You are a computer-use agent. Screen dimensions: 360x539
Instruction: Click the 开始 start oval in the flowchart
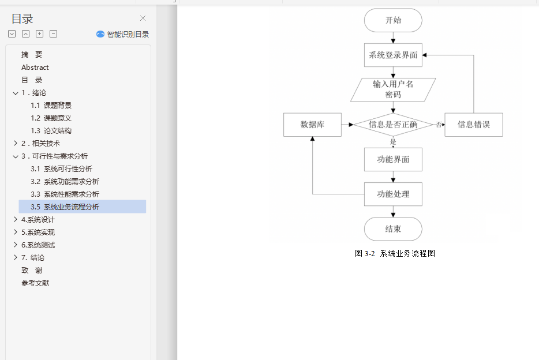pos(393,20)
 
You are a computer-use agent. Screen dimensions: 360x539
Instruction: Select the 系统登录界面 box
pos(393,55)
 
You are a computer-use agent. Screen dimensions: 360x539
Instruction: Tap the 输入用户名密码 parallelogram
pos(393,89)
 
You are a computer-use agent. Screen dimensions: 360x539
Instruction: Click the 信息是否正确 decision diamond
pos(393,124)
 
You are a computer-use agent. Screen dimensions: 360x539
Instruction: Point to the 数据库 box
pos(312,125)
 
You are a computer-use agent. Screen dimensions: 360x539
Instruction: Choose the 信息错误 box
pos(473,125)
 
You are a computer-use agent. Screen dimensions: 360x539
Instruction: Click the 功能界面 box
pos(393,159)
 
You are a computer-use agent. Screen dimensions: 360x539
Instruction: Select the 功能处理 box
pos(393,194)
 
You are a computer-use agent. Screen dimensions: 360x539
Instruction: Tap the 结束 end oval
pos(393,229)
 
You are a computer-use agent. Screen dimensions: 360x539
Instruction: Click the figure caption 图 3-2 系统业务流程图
pos(395,253)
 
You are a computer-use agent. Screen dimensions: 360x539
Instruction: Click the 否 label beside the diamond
pos(439,125)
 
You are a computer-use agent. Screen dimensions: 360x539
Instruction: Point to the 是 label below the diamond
pos(393,142)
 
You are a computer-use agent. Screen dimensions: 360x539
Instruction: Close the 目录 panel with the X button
pos(143,18)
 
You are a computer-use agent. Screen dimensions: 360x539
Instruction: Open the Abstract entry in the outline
pos(35,67)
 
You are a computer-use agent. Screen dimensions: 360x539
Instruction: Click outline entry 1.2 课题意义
pos(51,118)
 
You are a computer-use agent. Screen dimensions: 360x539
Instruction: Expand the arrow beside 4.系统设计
pos(16,220)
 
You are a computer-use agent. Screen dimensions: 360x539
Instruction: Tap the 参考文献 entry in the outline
pos(35,283)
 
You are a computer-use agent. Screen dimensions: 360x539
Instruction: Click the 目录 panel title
pos(23,18)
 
